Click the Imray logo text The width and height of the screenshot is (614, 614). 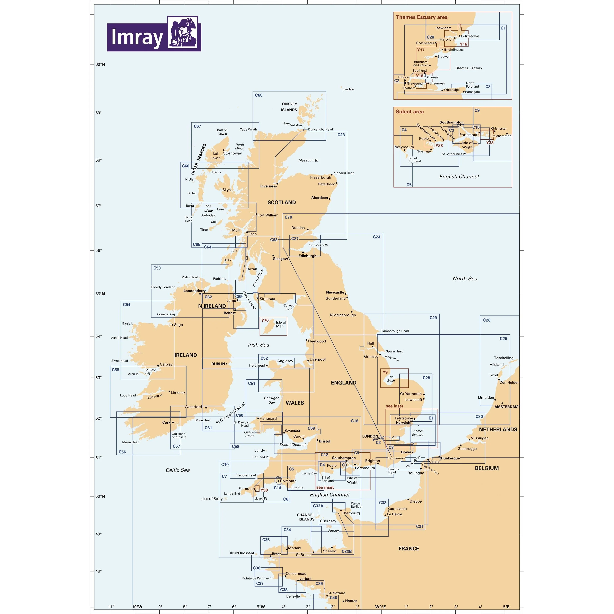(x=137, y=37)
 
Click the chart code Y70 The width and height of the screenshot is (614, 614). (x=265, y=320)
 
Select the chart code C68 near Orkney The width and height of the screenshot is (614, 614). (x=259, y=95)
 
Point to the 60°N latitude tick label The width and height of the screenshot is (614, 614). (x=100, y=64)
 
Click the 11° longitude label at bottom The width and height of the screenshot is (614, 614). (x=111, y=607)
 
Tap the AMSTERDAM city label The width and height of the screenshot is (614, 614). (x=506, y=407)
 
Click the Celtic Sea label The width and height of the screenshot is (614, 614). (x=178, y=470)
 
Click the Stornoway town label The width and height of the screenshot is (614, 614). (x=232, y=153)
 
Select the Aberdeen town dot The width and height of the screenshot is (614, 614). (x=329, y=199)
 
